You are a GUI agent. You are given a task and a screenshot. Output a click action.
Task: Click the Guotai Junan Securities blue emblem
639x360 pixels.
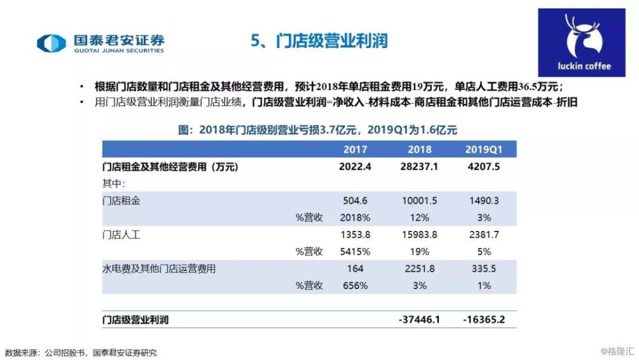(x=51, y=43)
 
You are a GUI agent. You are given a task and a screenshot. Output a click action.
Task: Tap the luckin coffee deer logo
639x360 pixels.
(x=581, y=42)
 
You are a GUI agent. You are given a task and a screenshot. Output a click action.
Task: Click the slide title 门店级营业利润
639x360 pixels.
(x=332, y=41)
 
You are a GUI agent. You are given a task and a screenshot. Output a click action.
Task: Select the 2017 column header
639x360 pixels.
(x=355, y=149)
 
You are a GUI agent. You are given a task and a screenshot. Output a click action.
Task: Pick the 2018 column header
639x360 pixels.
(x=419, y=149)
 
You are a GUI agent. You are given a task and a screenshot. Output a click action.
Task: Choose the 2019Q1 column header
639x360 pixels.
(x=484, y=149)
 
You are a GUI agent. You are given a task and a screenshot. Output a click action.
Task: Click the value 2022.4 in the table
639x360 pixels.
(x=355, y=166)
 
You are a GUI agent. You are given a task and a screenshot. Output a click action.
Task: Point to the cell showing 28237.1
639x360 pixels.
(x=419, y=166)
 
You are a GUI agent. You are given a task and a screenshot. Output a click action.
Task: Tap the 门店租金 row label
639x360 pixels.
(x=121, y=201)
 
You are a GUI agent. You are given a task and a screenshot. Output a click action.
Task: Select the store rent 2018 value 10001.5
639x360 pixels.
(x=419, y=201)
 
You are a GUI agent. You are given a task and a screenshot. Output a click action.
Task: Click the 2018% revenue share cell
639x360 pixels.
(x=355, y=217)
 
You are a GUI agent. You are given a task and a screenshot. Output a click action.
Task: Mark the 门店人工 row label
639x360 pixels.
(x=121, y=235)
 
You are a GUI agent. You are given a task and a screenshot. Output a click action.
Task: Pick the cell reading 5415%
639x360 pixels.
(x=355, y=252)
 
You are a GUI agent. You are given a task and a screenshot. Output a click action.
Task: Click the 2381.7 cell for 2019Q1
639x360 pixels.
(x=484, y=235)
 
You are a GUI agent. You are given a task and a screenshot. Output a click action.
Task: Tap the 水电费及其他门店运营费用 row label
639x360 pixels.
(x=159, y=269)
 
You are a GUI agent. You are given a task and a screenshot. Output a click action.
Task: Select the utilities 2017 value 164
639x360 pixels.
(x=355, y=269)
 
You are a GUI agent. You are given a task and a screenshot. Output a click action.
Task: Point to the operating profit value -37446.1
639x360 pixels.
(x=419, y=319)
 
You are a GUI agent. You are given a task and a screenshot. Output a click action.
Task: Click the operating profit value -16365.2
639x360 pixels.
(x=484, y=319)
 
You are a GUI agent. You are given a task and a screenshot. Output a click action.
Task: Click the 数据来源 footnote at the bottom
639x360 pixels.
(x=81, y=353)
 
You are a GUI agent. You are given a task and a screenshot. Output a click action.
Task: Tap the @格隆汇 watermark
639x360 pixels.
(x=617, y=351)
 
